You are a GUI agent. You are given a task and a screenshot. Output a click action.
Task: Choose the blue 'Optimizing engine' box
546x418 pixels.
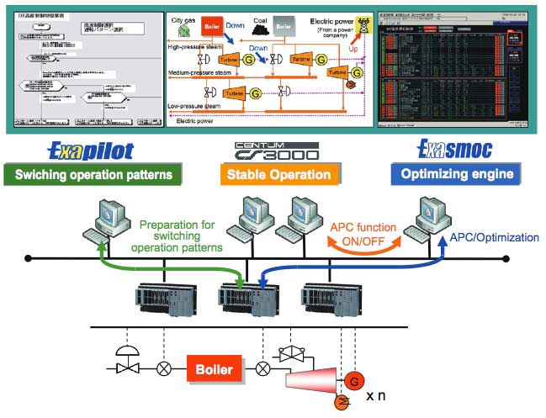click(x=456, y=175)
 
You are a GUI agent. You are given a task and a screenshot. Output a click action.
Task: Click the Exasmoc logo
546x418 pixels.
click(x=455, y=151)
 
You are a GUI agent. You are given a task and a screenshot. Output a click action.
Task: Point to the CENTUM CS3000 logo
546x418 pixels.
click(x=277, y=151)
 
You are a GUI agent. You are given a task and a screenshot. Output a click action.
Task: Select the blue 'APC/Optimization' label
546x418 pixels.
click(x=494, y=237)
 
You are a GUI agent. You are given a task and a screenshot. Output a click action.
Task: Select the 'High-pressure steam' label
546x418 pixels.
click(x=202, y=47)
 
